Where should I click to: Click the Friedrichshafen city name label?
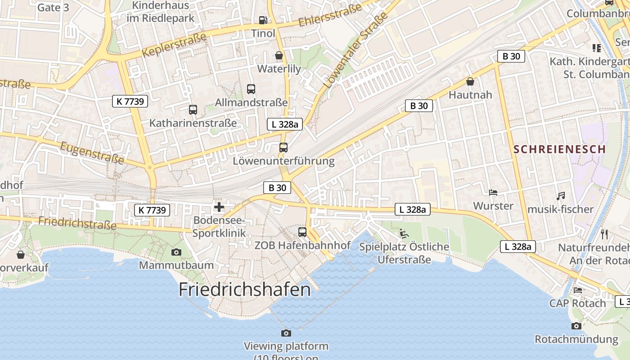tap(245, 289)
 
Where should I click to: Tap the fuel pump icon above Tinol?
tap(263, 20)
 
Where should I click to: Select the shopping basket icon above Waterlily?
tap(279, 55)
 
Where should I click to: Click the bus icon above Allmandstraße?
tap(251, 89)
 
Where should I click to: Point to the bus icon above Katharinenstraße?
tap(193, 109)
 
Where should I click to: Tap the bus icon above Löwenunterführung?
tap(283, 147)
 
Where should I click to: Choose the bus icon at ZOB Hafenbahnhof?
tap(302, 232)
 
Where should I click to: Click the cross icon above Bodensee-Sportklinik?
tap(219, 207)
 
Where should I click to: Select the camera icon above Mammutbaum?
tap(176, 252)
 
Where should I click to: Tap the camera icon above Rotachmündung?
tap(576, 326)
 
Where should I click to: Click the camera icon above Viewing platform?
tap(286, 333)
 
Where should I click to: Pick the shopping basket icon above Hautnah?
tap(470, 81)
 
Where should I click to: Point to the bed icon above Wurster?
tap(493, 193)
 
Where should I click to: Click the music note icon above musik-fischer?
tap(561, 196)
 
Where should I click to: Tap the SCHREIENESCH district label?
tap(560, 149)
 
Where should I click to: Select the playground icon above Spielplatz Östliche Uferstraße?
tap(404, 233)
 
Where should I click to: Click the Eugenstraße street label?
tap(92, 153)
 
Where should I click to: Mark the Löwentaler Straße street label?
tap(355, 50)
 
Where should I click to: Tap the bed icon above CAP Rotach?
tap(578, 290)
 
